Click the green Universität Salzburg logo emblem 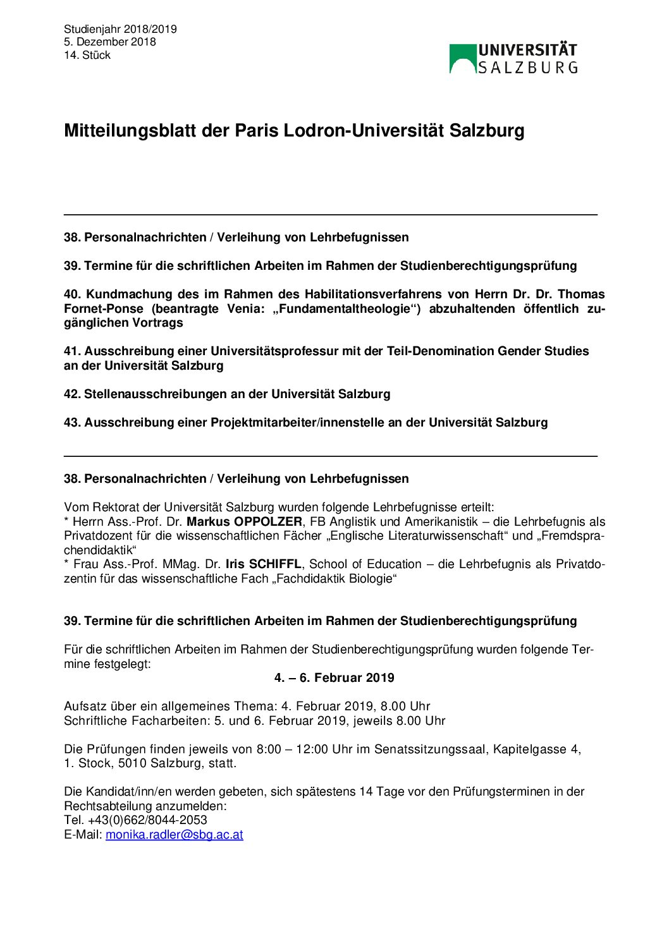[x=462, y=59]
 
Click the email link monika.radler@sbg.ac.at [x=175, y=835]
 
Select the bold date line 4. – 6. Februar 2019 [x=334, y=678]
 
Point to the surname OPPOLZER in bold [x=268, y=522]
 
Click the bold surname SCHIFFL [x=275, y=564]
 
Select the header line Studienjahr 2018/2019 [x=120, y=29]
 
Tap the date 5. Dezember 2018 [x=109, y=42]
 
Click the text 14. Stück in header [x=87, y=56]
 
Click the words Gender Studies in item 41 [x=543, y=351]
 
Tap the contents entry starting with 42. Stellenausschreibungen [x=227, y=394]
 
